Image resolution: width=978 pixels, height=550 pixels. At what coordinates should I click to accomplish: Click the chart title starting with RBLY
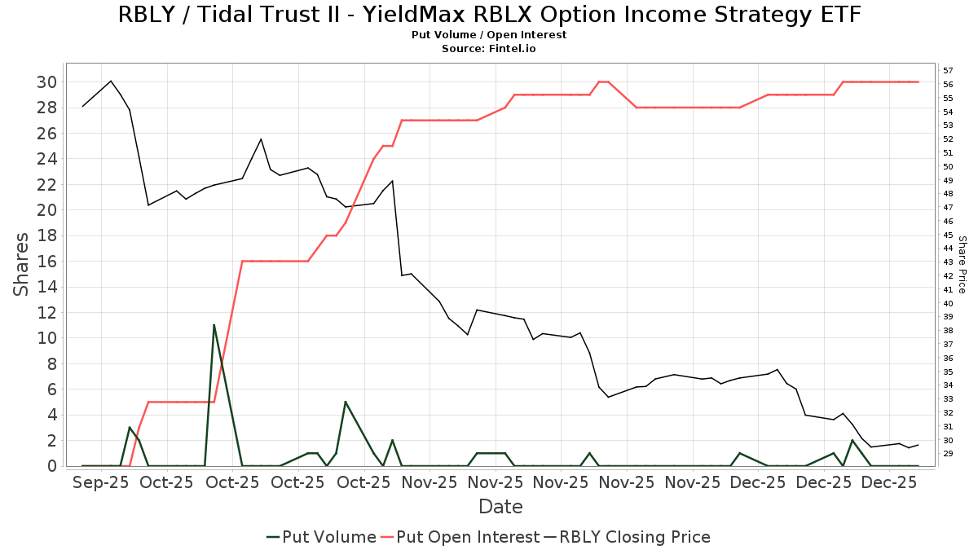pyautogui.click(x=489, y=15)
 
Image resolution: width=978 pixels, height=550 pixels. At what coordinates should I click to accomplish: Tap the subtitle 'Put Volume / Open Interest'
pyautogui.click(x=489, y=35)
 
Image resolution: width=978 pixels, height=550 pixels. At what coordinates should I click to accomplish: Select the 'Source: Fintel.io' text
pyautogui.click(x=489, y=49)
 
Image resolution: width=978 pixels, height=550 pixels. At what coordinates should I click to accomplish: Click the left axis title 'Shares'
pyautogui.click(x=22, y=264)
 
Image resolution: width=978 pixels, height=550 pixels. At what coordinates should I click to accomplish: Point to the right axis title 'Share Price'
pyautogui.click(x=962, y=264)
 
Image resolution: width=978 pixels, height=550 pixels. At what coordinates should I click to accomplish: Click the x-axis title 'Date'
pyautogui.click(x=500, y=507)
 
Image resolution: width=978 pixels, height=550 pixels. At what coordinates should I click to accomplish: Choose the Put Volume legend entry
pyautogui.click(x=321, y=537)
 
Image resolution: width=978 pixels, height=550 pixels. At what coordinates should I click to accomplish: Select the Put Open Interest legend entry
pyautogui.click(x=460, y=537)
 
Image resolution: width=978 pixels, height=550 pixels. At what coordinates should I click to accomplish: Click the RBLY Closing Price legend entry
pyautogui.click(x=628, y=537)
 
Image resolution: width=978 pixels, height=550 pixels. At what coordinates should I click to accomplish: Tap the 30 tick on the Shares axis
pyautogui.click(x=46, y=81)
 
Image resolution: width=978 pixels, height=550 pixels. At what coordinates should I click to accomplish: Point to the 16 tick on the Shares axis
pyautogui.click(x=46, y=261)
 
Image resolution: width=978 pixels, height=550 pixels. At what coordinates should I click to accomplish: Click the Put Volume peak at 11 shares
pyautogui.click(x=214, y=325)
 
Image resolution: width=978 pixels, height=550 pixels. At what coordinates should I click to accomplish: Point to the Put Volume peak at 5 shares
pyautogui.click(x=346, y=402)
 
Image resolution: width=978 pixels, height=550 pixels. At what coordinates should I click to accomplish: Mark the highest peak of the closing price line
pyautogui.click(x=111, y=81)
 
